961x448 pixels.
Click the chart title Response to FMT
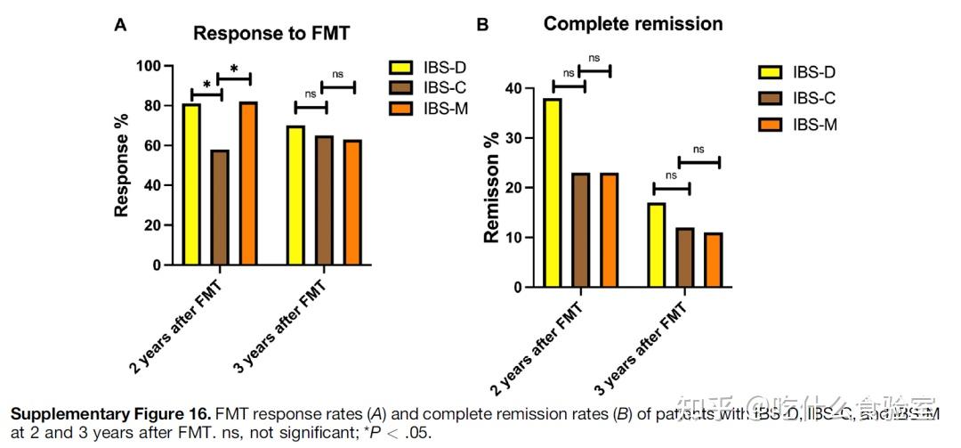coord(271,34)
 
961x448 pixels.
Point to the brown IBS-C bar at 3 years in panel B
coord(684,257)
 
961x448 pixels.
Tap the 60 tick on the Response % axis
coord(153,145)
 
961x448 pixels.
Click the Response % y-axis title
coord(123,165)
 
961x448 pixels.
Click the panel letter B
coord(482,25)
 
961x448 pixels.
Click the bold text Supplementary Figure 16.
coord(86,414)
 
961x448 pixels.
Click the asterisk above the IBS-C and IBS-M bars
coord(234,69)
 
